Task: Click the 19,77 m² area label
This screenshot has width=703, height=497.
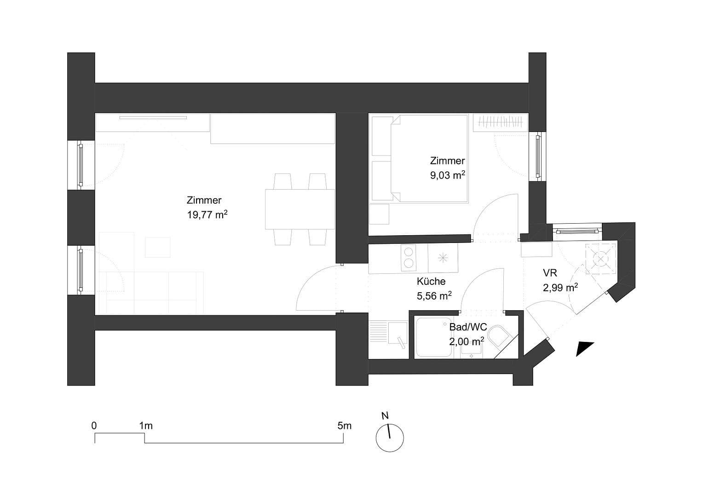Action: (207, 214)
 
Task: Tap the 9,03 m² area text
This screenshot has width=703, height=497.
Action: (447, 175)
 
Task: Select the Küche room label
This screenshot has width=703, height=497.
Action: (431, 281)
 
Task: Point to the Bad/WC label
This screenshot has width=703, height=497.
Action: (468, 327)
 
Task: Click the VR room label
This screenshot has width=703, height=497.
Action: (550, 273)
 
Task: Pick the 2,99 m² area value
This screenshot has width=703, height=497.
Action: (560, 288)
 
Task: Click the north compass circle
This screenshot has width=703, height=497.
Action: (390, 438)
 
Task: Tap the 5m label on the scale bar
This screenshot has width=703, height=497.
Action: (344, 426)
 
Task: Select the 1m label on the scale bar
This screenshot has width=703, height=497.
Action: (146, 426)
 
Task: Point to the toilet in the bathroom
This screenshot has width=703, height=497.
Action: (499, 337)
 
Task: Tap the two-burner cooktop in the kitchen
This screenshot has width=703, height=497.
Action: (408, 258)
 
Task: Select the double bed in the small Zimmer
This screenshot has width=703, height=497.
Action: (429, 158)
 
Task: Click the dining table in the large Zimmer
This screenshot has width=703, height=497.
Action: (300, 209)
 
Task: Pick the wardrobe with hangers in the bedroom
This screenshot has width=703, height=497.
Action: (500, 123)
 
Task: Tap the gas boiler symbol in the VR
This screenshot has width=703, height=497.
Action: (600, 259)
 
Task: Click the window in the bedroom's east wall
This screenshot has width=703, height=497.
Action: (538, 156)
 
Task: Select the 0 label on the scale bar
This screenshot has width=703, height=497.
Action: (94, 426)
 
